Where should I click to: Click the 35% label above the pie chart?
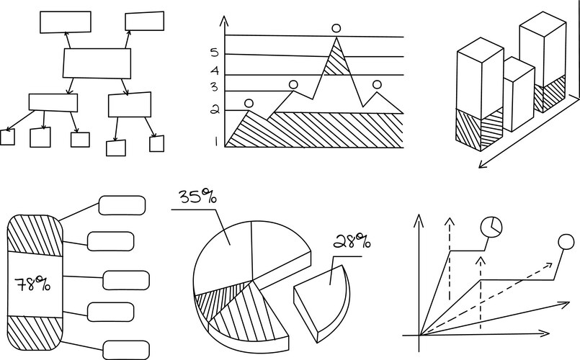click(198, 197)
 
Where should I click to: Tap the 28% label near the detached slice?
click(352, 241)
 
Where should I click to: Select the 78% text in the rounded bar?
click(32, 284)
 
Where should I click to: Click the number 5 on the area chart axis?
click(215, 53)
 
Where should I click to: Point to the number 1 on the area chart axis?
click(216, 142)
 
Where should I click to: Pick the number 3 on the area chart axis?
click(215, 87)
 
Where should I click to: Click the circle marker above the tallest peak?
click(336, 29)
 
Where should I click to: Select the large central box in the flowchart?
click(97, 63)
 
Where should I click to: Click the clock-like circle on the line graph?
click(491, 226)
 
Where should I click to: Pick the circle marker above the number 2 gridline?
click(249, 104)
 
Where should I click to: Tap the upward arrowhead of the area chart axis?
click(224, 21)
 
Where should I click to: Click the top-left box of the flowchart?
click(66, 22)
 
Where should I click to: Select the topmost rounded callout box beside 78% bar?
click(122, 205)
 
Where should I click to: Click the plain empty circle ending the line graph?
click(566, 242)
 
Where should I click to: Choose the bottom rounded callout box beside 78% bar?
click(126, 350)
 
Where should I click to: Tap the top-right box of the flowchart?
click(145, 21)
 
